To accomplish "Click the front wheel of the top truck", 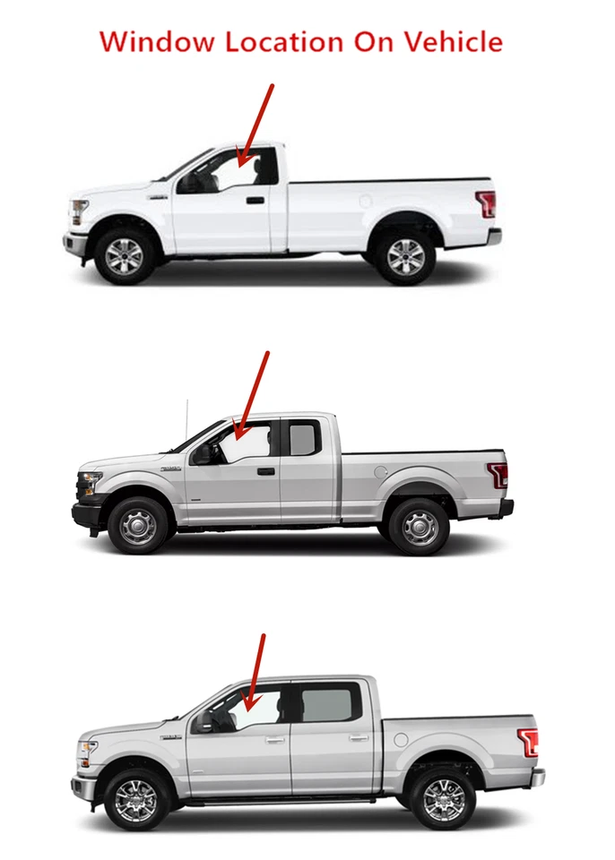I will click(x=124, y=256).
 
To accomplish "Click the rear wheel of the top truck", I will click(x=405, y=257).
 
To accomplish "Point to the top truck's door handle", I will click(x=256, y=200).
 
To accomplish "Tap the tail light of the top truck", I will click(x=487, y=204).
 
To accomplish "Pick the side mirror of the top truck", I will click(x=190, y=183).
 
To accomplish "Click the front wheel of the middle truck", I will click(x=137, y=527).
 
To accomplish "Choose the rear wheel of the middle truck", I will click(x=419, y=528).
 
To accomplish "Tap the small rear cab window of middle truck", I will click(x=302, y=440).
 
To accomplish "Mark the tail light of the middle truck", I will click(x=498, y=475).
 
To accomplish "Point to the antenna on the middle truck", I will click(x=187, y=421).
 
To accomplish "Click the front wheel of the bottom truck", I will click(x=136, y=799).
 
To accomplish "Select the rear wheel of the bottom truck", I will click(x=443, y=799).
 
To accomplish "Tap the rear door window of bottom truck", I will click(x=329, y=703).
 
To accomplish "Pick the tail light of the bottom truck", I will click(x=529, y=743).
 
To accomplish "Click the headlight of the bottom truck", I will click(x=87, y=749).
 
